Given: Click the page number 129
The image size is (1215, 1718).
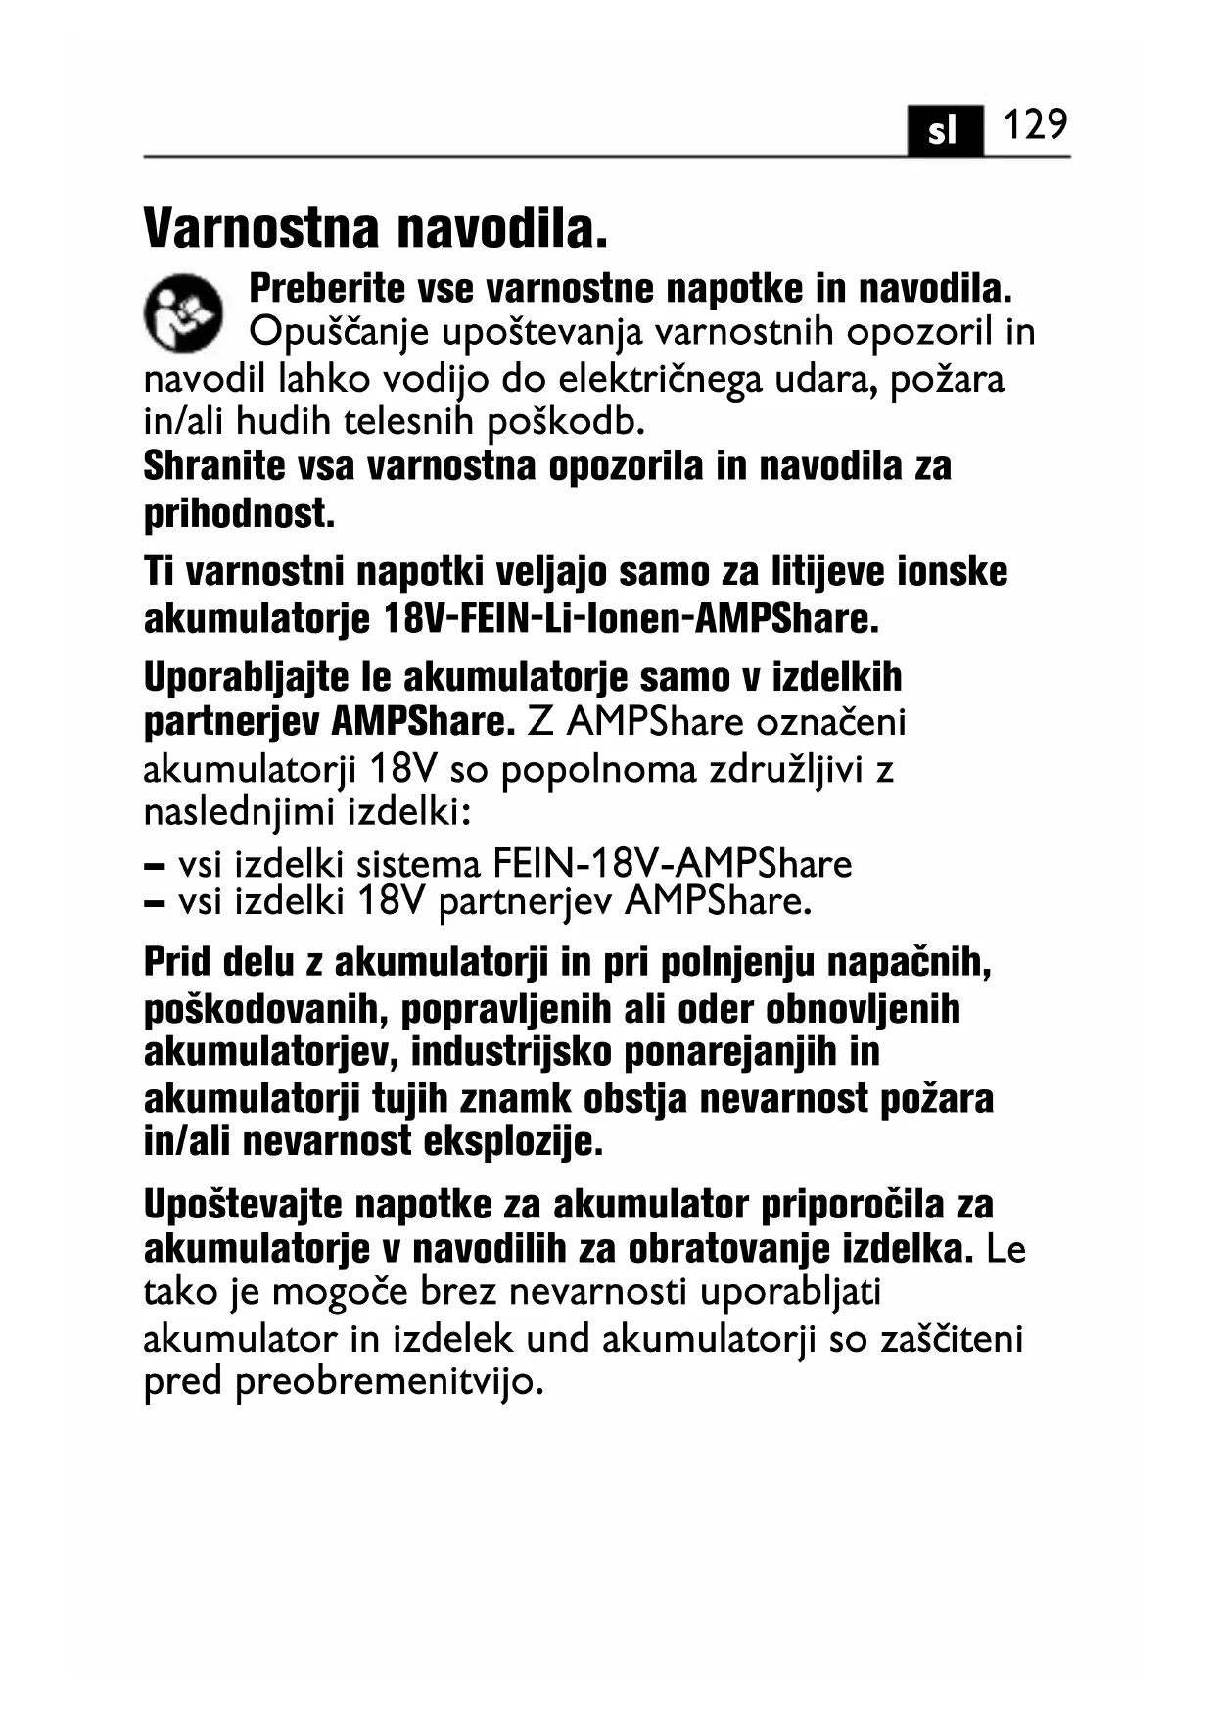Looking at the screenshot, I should (1034, 125).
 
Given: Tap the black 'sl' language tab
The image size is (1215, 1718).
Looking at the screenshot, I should (943, 130).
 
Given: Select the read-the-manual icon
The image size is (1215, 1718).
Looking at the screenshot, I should (183, 311).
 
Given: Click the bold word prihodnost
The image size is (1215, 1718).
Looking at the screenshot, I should (239, 513).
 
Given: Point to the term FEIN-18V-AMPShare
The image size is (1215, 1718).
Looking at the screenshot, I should (672, 864).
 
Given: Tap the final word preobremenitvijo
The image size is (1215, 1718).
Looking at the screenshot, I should (390, 1383).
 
